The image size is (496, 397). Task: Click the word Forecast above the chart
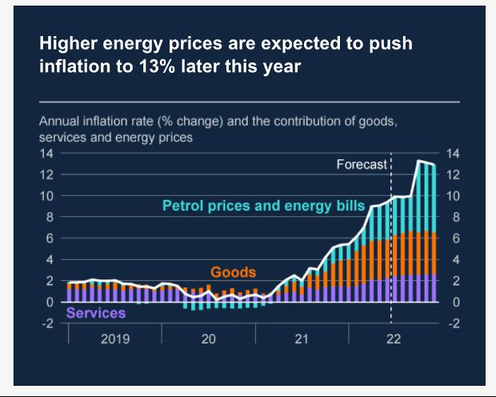click(361, 165)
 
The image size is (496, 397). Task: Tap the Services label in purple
click(95, 313)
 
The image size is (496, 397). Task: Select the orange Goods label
click(233, 273)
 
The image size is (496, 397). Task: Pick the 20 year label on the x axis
click(208, 339)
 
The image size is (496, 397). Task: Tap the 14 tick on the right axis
click(452, 153)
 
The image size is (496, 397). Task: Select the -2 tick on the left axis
click(47, 323)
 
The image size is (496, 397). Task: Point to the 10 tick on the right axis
click(452, 195)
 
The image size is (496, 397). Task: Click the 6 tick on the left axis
click(50, 239)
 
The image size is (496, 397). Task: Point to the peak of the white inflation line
click(420, 161)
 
